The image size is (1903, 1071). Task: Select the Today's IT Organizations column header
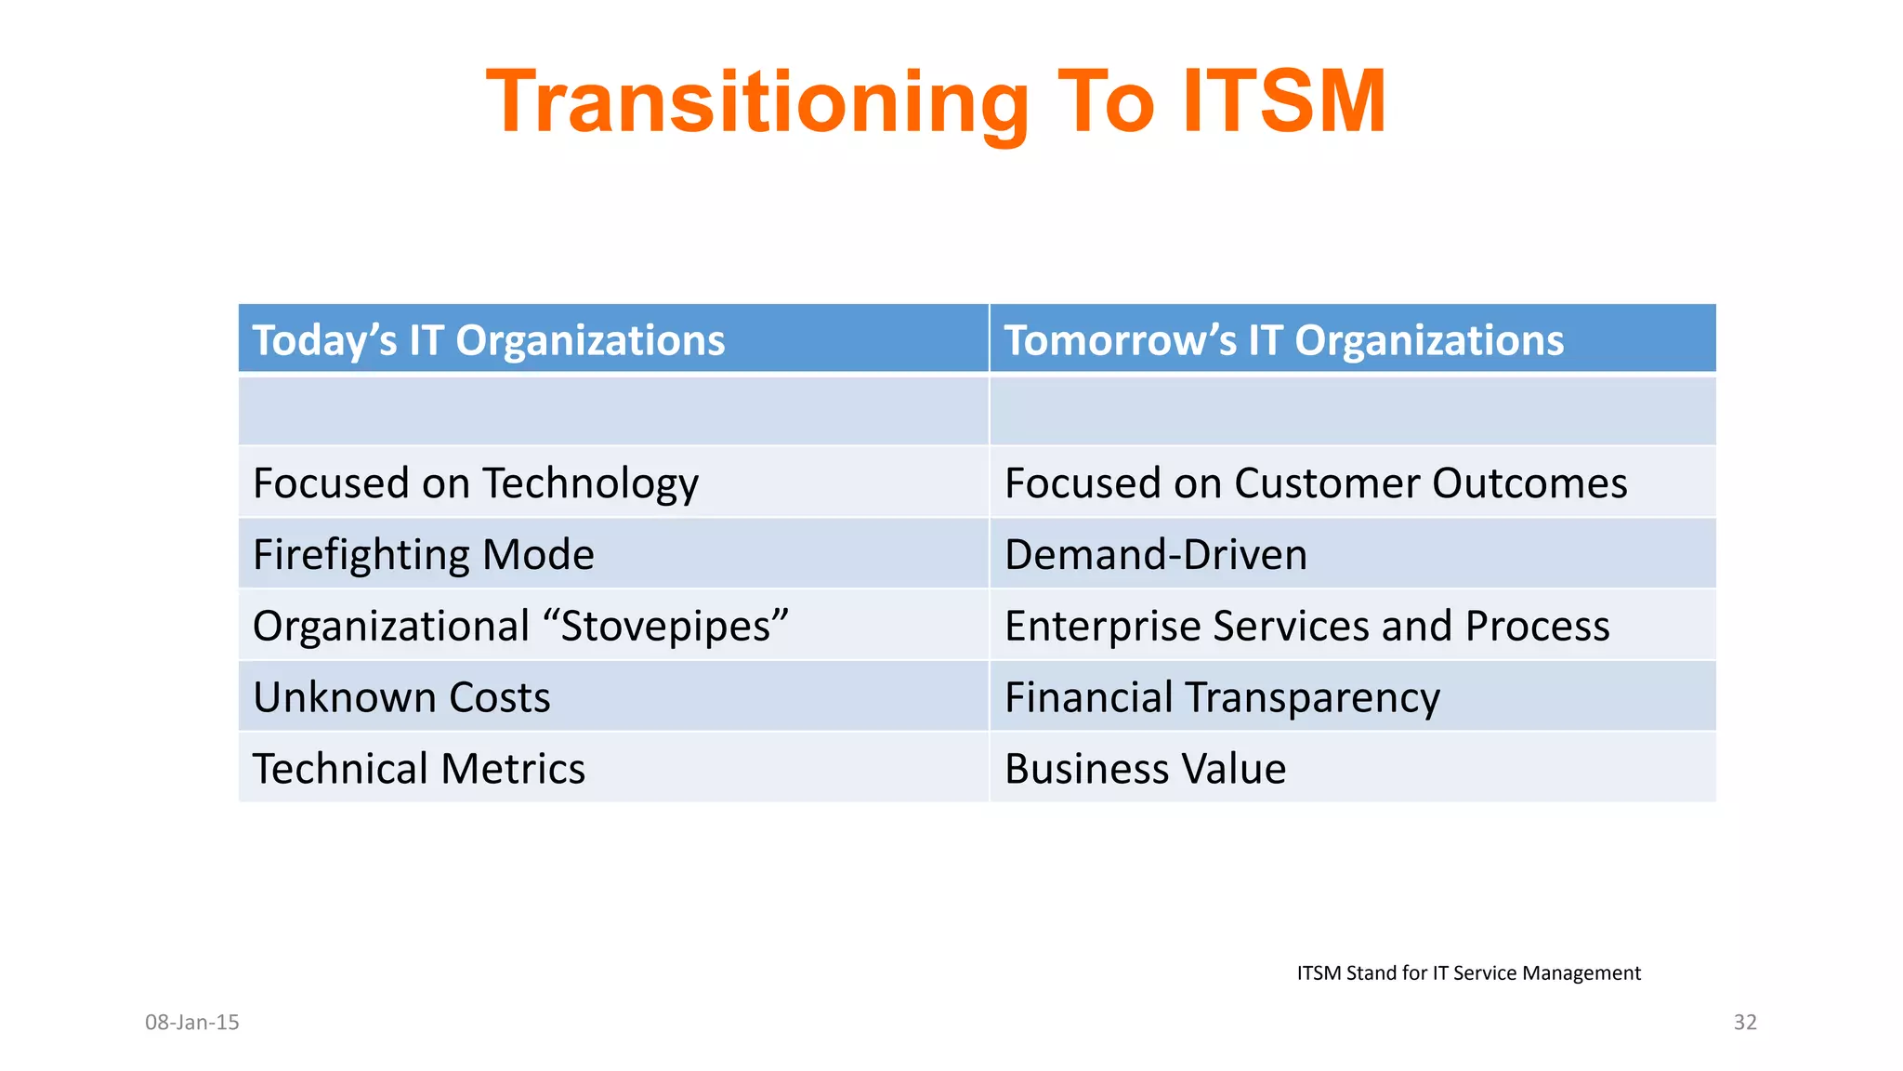coord(489,340)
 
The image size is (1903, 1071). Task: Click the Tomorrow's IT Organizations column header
coord(1283,340)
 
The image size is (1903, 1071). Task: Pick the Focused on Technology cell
coord(475,483)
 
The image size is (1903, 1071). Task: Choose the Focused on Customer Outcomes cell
coord(1315,483)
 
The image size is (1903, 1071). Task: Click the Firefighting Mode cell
coord(423,555)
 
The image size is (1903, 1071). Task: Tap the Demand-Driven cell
coord(1155,555)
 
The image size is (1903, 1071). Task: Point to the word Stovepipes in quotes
coord(665,626)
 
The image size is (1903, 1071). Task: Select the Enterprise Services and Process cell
coord(1306,626)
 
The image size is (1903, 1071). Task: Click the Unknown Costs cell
coord(401,697)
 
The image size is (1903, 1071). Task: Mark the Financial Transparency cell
coord(1221,697)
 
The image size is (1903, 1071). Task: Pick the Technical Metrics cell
coord(418,769)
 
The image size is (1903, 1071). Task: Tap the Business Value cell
coord(1145,769)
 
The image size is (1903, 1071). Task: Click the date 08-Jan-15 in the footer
coord(192,1023)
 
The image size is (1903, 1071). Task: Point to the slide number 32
coord(1744,1023)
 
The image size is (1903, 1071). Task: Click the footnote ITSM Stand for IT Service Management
coord(1468,973)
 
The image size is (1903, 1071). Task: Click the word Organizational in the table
coord(391,626)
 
